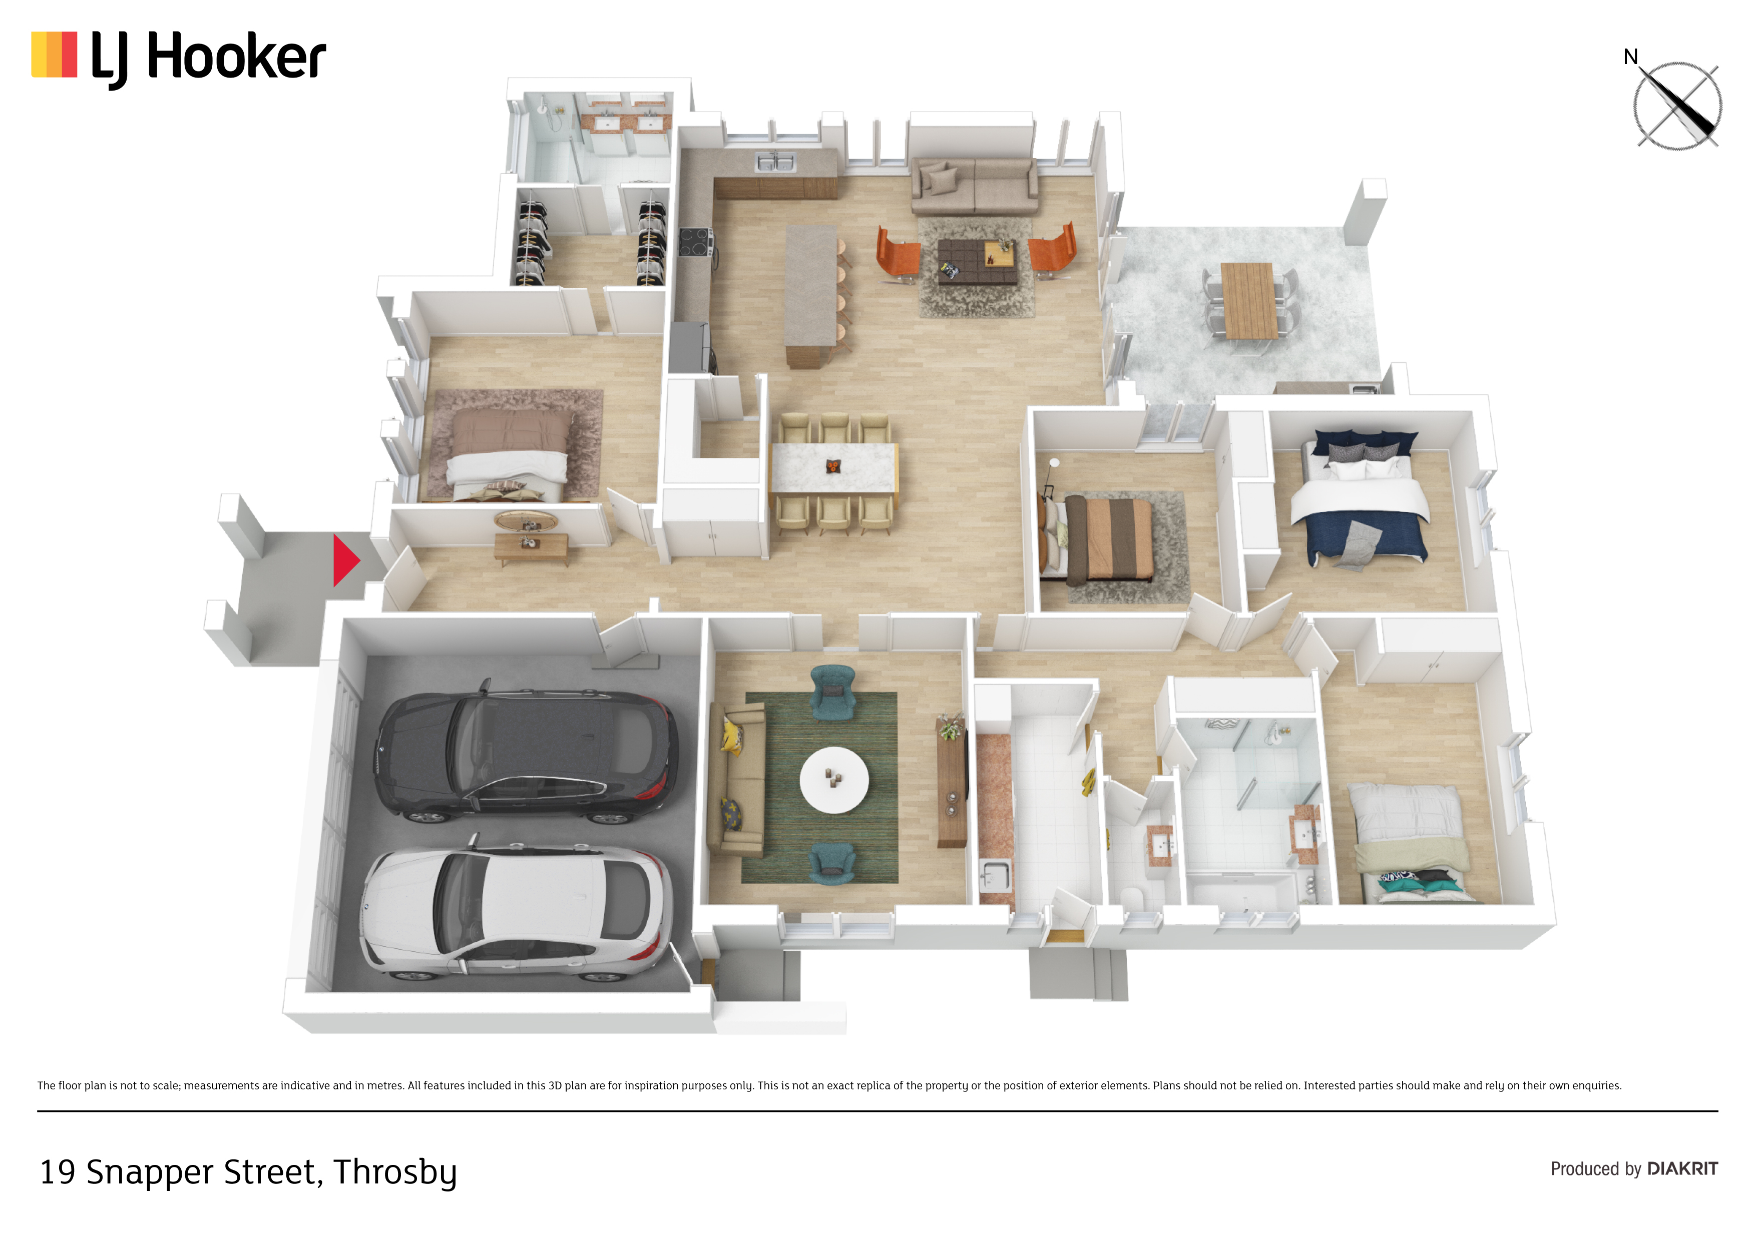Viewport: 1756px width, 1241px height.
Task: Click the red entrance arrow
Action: click(x=344, y=560)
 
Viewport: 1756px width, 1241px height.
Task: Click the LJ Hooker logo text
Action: click(x=208, y=58)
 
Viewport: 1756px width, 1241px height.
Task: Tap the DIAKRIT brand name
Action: click(x=1682, y=1168)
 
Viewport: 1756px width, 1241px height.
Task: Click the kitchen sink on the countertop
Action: click(x=775, y=162)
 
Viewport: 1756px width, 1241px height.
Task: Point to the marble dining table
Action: click(x=833, y=468)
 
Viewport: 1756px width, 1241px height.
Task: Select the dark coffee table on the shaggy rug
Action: click(x=978, y=262)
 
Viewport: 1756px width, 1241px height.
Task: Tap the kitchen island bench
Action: click(x=811, y=294)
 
